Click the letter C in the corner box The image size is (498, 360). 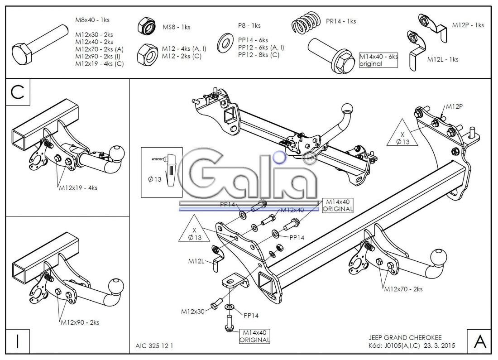(17, 92)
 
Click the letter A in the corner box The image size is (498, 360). (479, 341)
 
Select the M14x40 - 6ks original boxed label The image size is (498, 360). (378, 60)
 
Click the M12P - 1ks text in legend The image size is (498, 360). (468, 25)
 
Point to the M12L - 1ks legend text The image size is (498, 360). (442, 59)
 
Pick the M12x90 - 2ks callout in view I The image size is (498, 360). (80, 322)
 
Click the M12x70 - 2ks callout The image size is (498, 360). (403, 289)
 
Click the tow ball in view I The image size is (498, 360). (115, 286)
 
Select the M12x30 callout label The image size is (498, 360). (193, 311)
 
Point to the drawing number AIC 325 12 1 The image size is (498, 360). (154, 346)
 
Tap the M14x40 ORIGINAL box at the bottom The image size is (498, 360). (254, 336)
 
